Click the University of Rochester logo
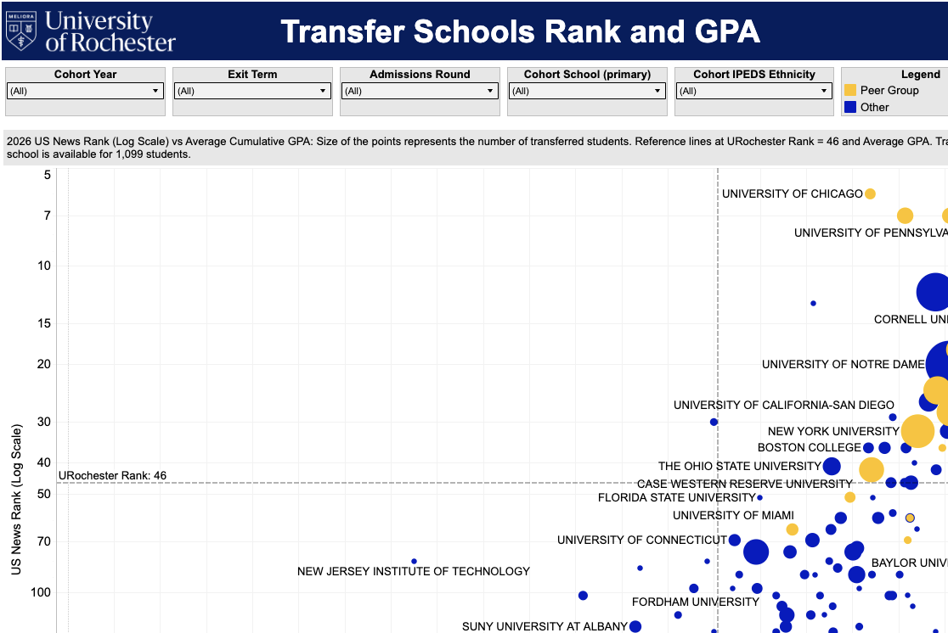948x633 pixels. (x=91, y=31)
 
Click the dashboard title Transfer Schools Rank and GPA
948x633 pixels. (x=520, y=32)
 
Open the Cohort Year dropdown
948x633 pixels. (x=85, y=91)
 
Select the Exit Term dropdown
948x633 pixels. (x=252, y=91)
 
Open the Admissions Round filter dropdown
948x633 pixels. (x=420, y=91)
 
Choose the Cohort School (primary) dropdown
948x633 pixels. (x=587, y=91)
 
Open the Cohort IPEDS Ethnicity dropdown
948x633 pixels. (x=754, y=91)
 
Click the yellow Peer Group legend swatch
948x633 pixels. (x=849, y=90)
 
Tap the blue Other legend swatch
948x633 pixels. (x=849, y=107)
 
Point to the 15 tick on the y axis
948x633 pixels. (x=44, y=323)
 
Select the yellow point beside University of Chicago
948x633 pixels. (x=870, y=193)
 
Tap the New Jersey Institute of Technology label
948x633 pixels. (x=414, y=571)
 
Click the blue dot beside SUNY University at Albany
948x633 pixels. (x=635, y=626)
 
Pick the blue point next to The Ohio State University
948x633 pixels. (x=832, y=466)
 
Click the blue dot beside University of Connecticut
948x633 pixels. (x=735, y=540)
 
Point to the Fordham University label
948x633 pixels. (x=696, y=602)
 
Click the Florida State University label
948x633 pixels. (x=677, y=497)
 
